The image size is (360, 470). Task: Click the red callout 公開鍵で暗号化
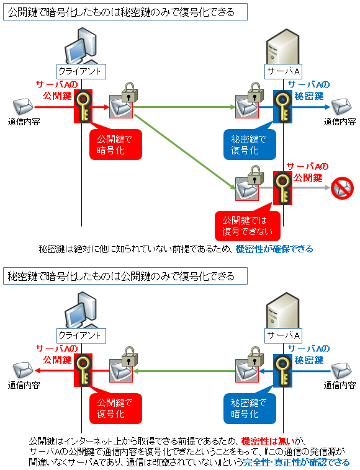115,144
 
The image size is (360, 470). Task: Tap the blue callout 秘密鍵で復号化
250,144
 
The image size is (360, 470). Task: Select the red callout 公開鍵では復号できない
248,226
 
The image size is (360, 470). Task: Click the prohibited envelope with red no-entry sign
342,188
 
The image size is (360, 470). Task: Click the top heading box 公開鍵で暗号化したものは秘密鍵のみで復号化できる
125,12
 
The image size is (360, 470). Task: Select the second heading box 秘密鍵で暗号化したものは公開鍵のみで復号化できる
125,276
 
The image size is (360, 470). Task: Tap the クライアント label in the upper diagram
81,72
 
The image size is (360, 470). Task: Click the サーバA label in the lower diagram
283,335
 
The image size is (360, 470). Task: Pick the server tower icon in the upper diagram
282,47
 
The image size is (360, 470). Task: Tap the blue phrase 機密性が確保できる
274,249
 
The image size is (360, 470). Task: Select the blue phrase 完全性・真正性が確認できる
297,462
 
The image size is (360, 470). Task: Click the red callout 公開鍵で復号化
115,408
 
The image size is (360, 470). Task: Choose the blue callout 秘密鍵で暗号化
250,408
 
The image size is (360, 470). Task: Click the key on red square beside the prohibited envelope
282,188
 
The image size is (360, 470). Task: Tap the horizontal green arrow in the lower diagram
185,371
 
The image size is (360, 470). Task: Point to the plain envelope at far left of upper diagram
23,107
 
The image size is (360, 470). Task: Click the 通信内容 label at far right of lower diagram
340,385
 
